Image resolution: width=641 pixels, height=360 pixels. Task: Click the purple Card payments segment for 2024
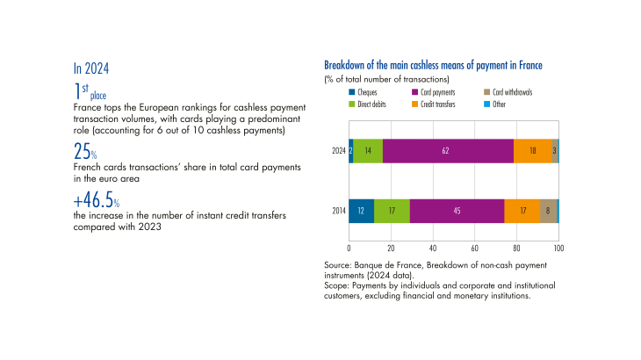click(x=446, y=151)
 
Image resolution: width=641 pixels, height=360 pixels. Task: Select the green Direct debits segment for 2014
click(x=392, y=210)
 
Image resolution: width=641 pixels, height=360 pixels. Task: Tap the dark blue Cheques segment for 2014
click(x=362, y=210)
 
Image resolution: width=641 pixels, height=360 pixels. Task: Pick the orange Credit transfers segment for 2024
click(x=532, y=151)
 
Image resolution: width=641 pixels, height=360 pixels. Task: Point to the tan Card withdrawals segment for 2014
click(x=548, y=210)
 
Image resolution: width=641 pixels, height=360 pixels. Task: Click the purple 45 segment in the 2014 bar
click(x=457, y=210)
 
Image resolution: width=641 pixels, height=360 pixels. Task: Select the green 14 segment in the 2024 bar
click(x=368, y=151)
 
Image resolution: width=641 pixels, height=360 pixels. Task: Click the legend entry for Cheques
click(x=372, y=92)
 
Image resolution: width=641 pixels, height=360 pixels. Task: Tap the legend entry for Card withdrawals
click(x=512, y=92)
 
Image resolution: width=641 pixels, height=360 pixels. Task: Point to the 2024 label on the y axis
click(x=337, y=151)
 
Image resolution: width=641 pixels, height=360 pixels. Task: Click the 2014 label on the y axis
click(x=337, y=210)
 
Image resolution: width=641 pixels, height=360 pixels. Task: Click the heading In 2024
click(x=91, y=68)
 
